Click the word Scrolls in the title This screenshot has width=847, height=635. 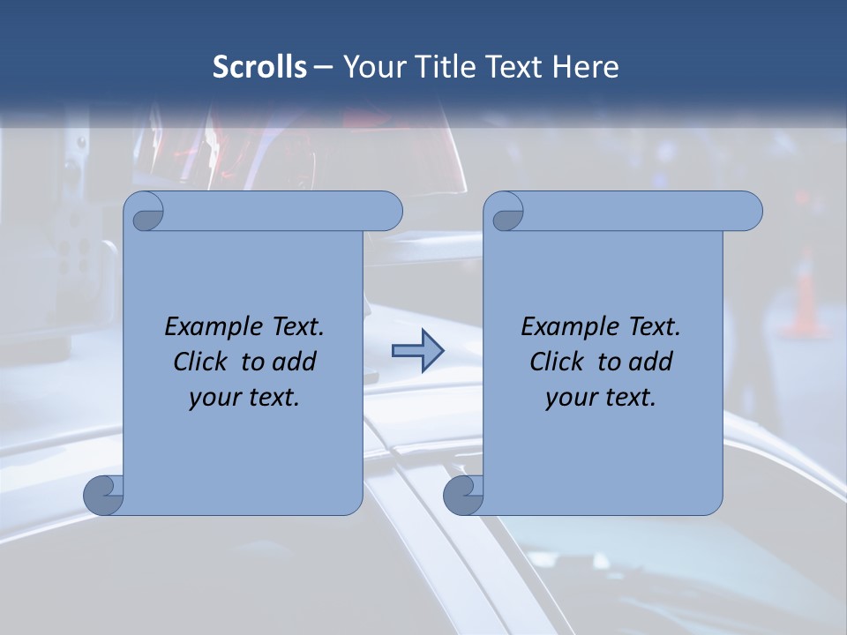pos(260,67)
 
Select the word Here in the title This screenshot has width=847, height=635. pos(586,67)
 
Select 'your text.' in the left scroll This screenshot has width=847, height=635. pos(244,397)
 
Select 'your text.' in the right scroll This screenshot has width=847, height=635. pos(601,397)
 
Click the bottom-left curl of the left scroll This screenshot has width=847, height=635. pos(102,495)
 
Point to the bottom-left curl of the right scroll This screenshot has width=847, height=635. pos(462,495)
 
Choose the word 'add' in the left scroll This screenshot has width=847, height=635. pos(296,362)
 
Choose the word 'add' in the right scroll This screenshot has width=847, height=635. pos(653,362)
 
